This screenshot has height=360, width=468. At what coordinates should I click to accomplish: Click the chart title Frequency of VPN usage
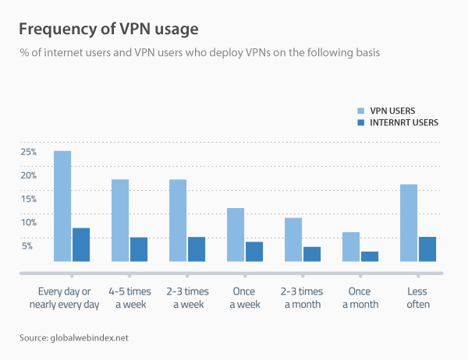108,29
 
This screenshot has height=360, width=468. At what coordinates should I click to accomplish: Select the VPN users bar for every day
62,206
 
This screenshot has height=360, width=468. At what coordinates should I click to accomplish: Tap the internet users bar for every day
81,245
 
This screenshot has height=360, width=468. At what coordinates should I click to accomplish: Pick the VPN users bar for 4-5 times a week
120,221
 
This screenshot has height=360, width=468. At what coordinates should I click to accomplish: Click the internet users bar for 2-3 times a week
197,249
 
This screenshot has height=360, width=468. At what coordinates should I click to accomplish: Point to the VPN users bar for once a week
236,235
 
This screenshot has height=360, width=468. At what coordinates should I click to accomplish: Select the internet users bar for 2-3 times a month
312,254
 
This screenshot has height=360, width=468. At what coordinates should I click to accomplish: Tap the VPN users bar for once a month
351,247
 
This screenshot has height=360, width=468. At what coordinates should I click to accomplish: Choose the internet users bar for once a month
370,256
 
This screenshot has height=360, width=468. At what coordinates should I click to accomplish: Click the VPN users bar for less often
409,223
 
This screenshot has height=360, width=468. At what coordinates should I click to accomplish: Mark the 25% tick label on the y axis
29,151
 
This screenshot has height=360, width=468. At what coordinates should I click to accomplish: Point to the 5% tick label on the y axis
27,245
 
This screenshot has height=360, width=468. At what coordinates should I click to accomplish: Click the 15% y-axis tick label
29,199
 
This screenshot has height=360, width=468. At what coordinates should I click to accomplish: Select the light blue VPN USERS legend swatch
360,111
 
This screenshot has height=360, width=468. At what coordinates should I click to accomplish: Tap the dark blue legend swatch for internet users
360,122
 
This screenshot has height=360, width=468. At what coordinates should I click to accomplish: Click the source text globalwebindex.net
73,337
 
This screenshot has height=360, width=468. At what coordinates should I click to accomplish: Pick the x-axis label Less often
418,297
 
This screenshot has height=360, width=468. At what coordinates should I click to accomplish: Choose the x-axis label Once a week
245,297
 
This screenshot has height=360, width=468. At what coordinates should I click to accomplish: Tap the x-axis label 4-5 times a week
129,297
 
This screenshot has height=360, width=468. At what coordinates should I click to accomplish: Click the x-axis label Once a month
360,297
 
